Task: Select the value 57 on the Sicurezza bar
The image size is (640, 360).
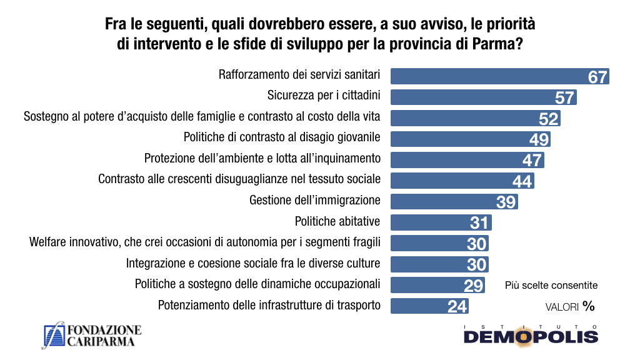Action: pos(564,97)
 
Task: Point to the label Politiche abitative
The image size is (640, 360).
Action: pos(337,221)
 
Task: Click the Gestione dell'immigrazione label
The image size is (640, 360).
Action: pos(314,200)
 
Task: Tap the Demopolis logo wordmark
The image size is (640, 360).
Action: pos(531,336)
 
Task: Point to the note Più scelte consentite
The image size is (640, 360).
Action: pos(551,285)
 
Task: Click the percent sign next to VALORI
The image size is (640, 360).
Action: pos(588,306)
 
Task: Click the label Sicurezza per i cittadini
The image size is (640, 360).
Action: pos(324,96)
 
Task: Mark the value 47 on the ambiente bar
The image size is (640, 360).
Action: pos(532,161)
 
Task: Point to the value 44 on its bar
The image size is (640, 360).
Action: pos(522,181)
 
